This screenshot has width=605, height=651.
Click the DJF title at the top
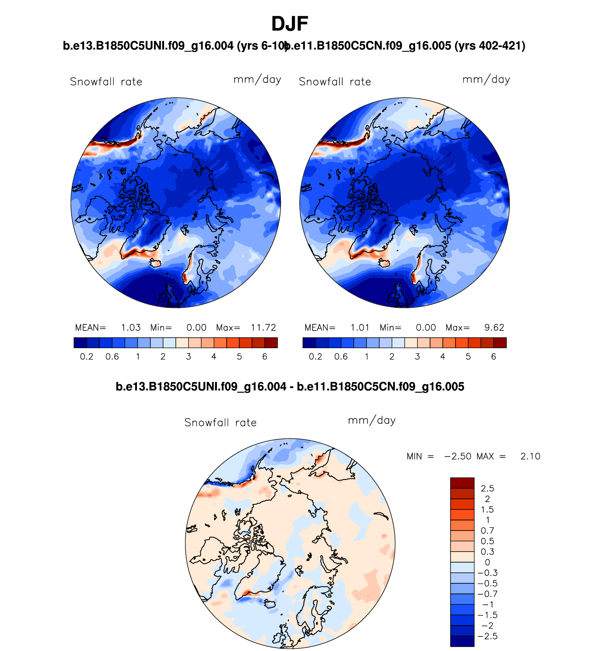coord(289,24)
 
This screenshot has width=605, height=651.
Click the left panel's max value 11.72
coord(263,328)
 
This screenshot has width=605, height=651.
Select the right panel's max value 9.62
coord(494,328)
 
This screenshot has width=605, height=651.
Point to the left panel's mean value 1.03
coord(131,328)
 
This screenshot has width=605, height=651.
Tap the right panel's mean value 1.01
coord(360,328)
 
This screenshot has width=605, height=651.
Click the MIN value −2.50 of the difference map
coord(458,456)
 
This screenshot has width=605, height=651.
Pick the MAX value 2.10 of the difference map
coord(530,456)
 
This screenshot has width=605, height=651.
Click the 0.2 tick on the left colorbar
coord(87,357)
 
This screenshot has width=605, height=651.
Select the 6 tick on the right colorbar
coord(494,357)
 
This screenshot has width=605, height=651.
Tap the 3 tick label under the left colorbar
coord(189,357)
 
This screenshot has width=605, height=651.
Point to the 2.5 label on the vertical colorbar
coord(487,489)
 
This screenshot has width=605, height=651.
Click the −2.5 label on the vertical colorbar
coord(488,636)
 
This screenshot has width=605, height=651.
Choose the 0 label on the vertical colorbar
coord(487,562)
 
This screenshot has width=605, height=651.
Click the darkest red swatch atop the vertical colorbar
coord(462,483)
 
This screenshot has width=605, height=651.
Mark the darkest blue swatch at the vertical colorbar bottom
coord(462,641)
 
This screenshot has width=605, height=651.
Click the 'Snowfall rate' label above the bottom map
coord(220,422)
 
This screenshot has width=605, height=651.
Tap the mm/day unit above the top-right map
coord(486,80)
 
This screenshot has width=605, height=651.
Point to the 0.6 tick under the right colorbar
coord(341,357)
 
